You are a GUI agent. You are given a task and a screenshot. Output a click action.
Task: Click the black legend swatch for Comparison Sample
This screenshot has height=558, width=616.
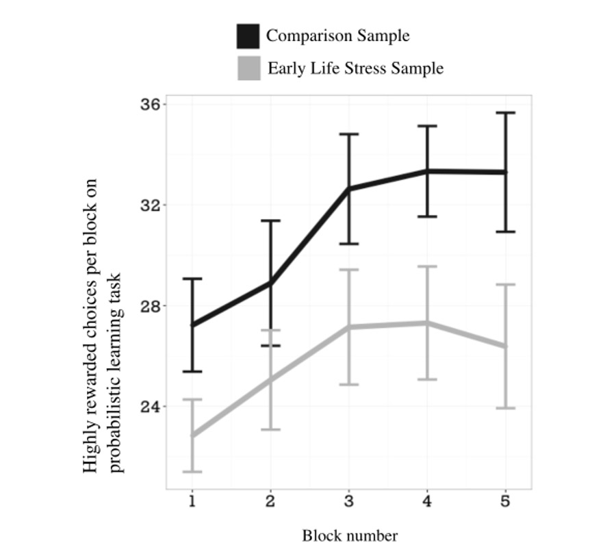click(248, 36)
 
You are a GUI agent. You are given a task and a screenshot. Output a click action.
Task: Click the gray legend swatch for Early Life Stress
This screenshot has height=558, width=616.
click(249, 68)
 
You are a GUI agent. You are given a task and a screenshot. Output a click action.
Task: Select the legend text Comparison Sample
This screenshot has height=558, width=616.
click(338, 36)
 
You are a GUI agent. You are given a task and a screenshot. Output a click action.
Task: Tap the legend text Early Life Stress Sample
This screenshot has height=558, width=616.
click(355, 68)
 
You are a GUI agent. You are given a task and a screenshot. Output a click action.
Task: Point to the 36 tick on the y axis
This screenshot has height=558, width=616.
click(151, 105)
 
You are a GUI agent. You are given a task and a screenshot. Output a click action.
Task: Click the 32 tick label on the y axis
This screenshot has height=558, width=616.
click(151, 205)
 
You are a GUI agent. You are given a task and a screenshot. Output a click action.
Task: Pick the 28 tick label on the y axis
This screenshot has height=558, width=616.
click(151, 306)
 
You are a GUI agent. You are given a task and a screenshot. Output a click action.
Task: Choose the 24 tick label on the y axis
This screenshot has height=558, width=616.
click(151, 406)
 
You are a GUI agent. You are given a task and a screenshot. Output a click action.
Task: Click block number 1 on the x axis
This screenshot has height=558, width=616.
click(192, 501)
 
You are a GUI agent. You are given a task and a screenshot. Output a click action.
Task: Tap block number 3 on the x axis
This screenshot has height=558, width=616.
click(349, 501)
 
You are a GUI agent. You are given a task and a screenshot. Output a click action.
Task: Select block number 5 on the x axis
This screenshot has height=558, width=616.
click(506, 501)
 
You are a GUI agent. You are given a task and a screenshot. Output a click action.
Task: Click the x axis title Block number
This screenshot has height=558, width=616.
click(350, 536)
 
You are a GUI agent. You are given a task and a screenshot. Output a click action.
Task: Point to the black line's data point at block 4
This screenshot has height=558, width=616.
click(427, 171)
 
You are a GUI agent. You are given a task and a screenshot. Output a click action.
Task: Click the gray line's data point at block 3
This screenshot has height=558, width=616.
click(349, 327)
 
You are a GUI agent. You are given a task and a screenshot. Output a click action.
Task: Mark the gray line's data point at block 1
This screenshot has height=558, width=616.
click(192, 435)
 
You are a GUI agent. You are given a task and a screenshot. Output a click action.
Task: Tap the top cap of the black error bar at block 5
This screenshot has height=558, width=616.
click(506, 113)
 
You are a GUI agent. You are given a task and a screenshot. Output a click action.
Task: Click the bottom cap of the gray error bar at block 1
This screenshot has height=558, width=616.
click(192, 472)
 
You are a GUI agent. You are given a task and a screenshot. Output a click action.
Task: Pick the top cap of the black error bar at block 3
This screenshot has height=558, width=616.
click(349, 134)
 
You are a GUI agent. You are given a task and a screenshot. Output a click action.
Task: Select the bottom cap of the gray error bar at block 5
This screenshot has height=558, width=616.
click(506, 408)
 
